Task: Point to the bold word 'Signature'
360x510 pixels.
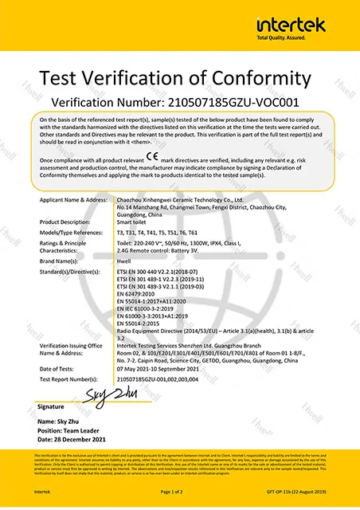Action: tap(54, 406)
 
